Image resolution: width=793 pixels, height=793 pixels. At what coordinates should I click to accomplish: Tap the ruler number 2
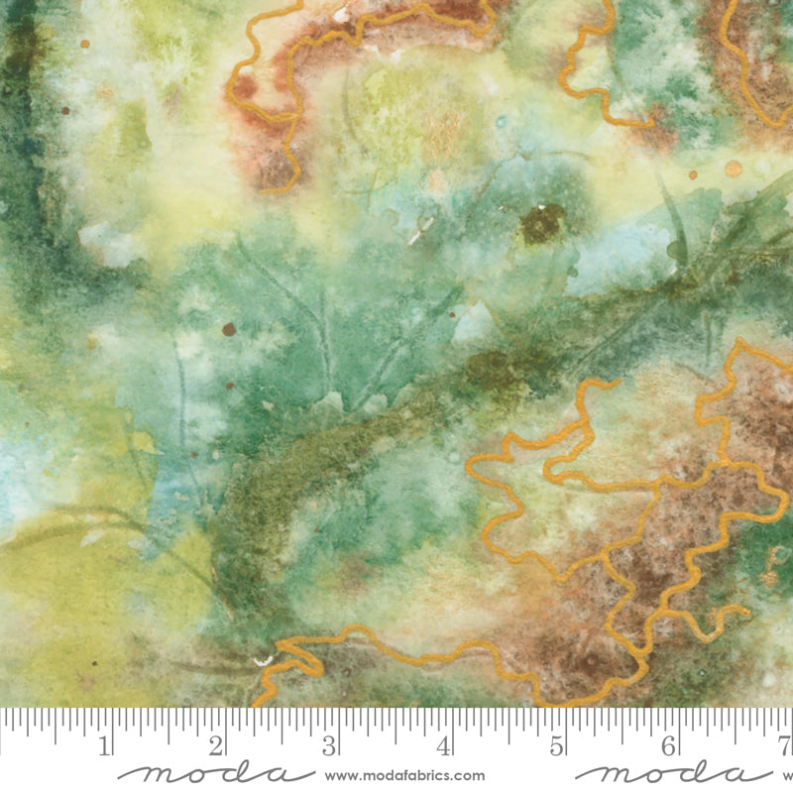(x=217, y=743)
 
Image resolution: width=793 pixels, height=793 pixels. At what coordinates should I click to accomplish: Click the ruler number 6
(x=669, y=743)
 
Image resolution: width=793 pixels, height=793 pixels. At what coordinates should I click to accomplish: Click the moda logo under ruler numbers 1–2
(x=202, y=773)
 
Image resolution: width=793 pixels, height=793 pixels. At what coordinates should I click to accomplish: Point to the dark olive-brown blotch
(x=542, y=224)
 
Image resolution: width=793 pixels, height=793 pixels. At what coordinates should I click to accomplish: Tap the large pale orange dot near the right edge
(x=734, y=169)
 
